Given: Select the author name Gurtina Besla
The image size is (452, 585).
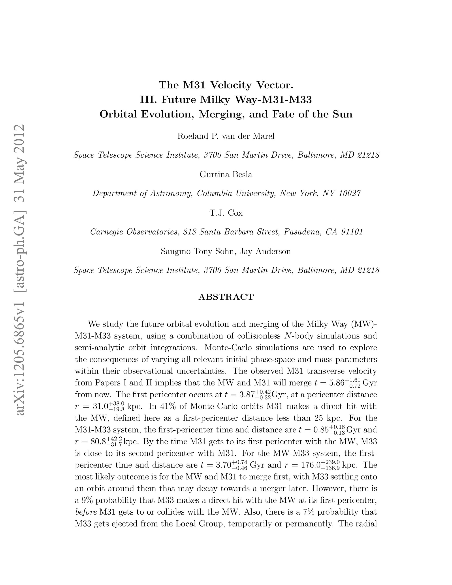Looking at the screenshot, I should pos(226,175).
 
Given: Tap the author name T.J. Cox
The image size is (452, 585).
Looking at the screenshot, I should pos(226,213).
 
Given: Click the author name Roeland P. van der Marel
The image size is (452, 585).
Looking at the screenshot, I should pos(226,136).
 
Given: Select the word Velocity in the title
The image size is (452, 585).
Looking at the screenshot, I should pos(231,85).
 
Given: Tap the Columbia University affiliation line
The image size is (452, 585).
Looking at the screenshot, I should pos(226,193).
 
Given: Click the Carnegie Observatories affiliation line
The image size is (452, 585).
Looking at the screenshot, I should pos(226,232).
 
